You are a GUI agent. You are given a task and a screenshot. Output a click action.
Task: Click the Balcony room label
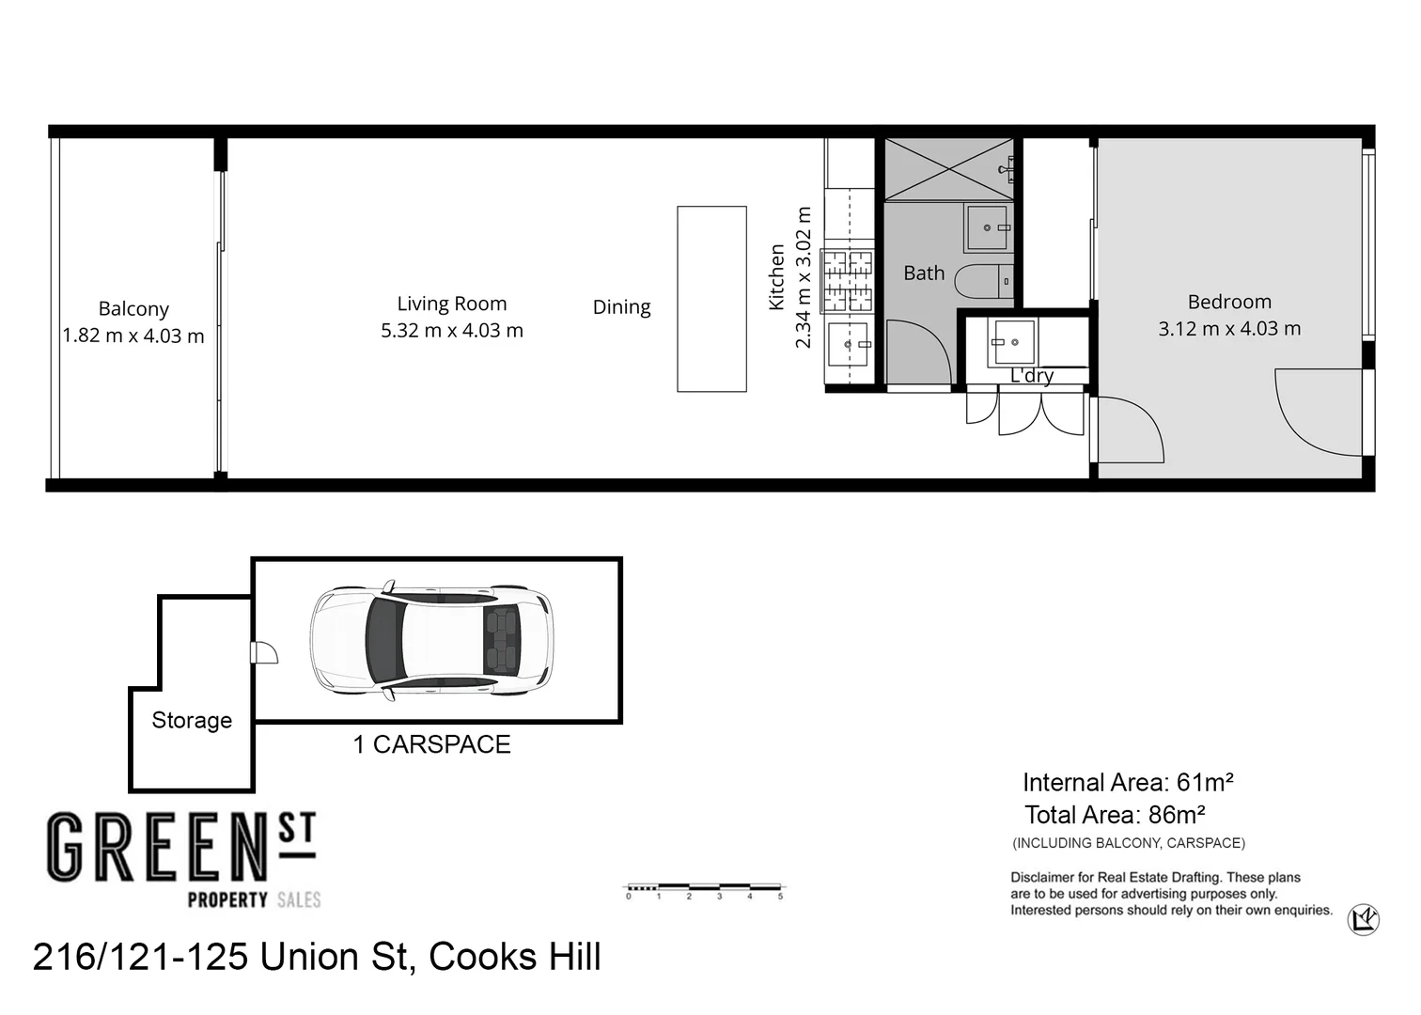(x=133, y=309)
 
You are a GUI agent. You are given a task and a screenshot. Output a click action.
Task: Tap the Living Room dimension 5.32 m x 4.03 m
(x=452, y=331)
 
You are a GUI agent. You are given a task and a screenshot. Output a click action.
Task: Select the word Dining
(x=622, y=307)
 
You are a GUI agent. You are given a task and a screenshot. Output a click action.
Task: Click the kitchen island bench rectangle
(x=711, y=299)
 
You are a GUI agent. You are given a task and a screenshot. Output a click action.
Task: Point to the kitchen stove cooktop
(x=847, y=281)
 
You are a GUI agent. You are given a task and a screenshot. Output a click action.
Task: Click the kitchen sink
(x=848, y=344)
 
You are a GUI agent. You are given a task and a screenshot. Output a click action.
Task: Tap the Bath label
(x=924, y=273)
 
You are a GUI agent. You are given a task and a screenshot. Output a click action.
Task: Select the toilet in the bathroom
(x=984, y=281)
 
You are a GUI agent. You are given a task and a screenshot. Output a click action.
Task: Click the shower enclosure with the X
(x=949, y=169)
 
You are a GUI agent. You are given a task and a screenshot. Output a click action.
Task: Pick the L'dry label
(x=1032, y=376)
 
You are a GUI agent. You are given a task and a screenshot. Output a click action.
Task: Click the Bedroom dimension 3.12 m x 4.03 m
(x=1229, y=329)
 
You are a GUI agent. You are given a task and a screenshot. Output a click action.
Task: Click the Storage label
(x=192, y=720)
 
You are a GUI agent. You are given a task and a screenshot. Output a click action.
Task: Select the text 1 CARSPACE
(x=431, y=744)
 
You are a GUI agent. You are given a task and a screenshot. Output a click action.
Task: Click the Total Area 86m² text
(x=1115, y=815)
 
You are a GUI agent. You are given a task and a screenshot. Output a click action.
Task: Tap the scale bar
(x=704, y=887)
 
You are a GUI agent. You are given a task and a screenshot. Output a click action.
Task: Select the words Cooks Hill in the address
(x=514, y=957)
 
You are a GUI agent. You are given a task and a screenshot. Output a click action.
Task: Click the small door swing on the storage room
(x=264, y=653)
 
